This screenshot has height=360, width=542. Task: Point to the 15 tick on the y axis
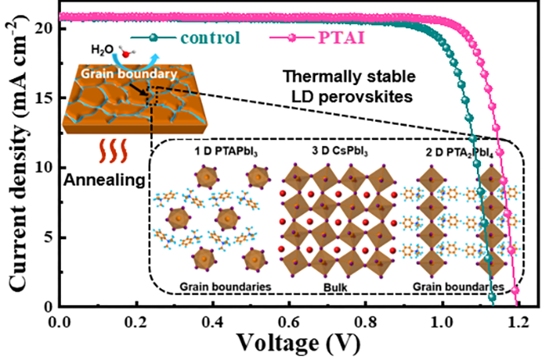45,97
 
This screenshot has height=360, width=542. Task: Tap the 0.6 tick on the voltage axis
289,321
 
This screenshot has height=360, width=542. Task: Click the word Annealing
105,180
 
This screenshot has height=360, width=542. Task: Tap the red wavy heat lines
105,152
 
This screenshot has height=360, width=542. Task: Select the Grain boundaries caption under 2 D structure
456,287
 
